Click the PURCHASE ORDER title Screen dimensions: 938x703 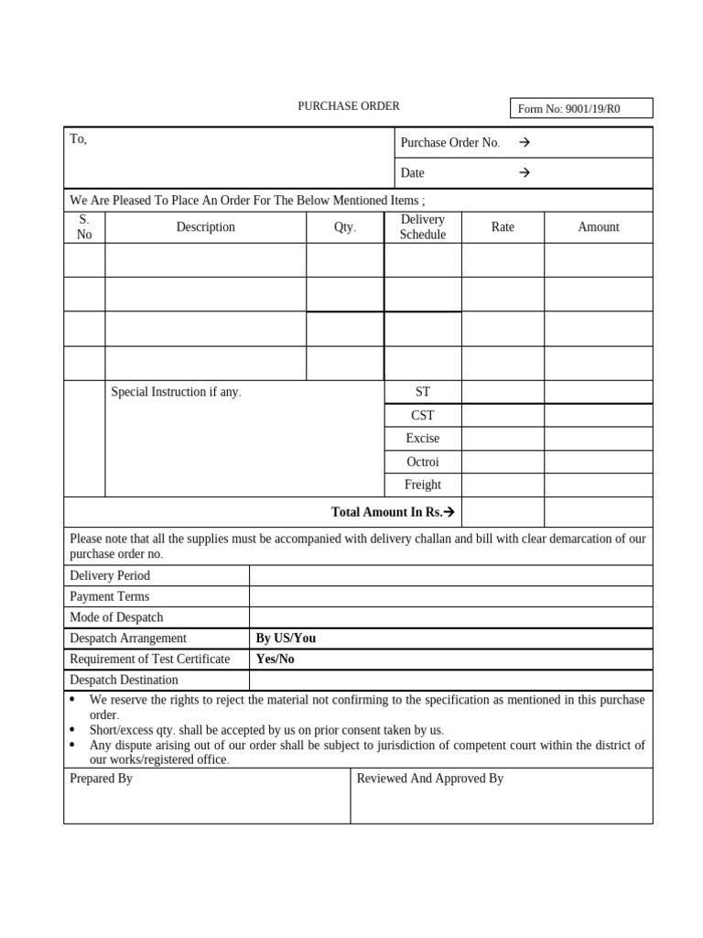pos(348,106)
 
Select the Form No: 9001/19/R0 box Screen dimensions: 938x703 pos(580,109)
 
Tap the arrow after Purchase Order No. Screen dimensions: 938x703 pos(525,143)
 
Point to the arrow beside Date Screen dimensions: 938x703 pos(525,173)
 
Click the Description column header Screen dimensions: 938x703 pos(205,227)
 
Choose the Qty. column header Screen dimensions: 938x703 pos(344,227)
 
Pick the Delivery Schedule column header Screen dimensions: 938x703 pos(422,227)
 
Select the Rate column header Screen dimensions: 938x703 pos(503,227)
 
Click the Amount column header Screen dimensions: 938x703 pos(598,227)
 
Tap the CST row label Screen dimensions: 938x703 pos(422,416)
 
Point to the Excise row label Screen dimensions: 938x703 pos(422,439)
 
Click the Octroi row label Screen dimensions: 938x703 pos(422,462)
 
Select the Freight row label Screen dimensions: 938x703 pos(422,485)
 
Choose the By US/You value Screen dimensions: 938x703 pos(286,638)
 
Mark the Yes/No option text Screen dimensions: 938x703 pos(275,660)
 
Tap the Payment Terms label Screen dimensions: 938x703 pos(109,597)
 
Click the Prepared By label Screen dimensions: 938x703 pos(101,779)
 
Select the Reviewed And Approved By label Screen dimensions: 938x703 pos(429,779)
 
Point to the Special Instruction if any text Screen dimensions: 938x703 pos(176,392)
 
